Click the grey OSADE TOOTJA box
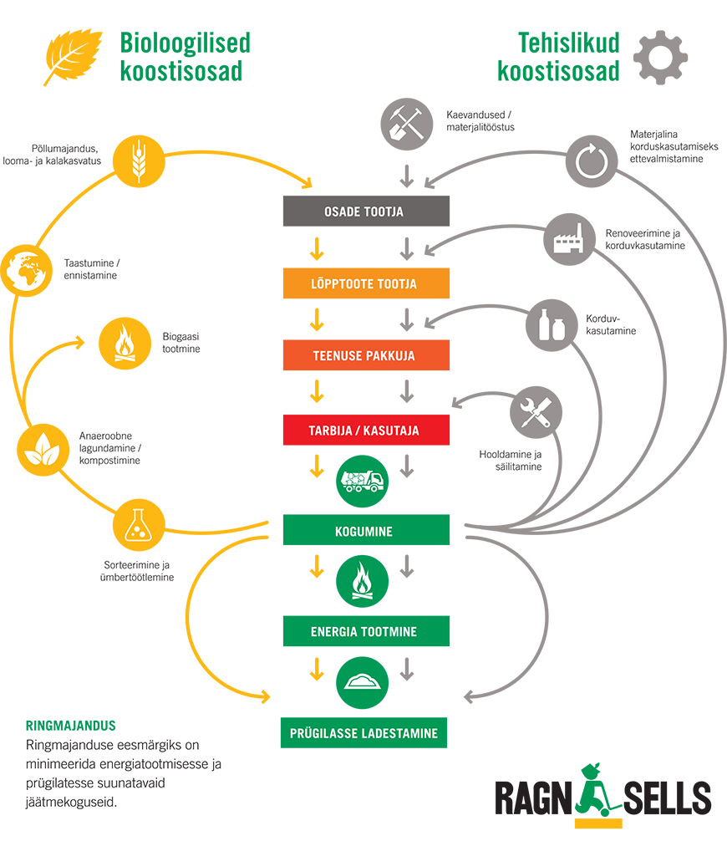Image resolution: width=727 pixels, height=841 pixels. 366,212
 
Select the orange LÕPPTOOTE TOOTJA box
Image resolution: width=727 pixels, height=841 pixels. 366,284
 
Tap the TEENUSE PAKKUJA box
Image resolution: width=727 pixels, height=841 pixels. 366,356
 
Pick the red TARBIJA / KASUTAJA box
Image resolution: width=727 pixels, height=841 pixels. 366,431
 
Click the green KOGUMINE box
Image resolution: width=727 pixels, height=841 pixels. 366,531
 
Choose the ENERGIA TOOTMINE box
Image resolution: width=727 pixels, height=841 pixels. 366,632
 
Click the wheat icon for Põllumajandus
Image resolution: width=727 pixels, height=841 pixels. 137,159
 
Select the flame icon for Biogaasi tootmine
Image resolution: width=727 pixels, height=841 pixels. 124,343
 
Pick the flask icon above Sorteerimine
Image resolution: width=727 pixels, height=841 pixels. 137,524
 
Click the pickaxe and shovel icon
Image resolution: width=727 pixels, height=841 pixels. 407,122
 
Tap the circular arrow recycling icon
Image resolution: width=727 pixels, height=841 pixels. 591,160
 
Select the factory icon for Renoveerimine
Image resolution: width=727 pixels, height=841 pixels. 570,237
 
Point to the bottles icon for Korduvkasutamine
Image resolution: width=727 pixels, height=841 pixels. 552,323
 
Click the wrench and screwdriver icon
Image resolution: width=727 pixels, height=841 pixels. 535,410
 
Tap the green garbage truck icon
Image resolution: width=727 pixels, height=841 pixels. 362,481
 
